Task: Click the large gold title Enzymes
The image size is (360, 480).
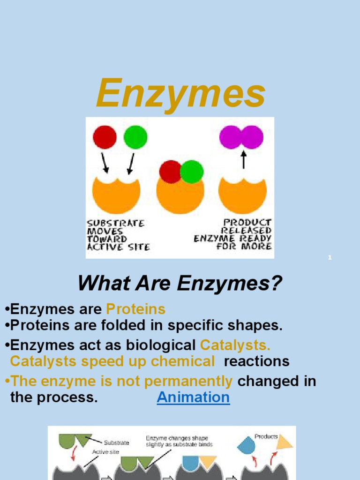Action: (x=180, y=94)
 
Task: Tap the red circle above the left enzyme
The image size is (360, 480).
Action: (x=105, y=137)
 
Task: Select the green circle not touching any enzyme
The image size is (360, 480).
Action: (x=135, y=137)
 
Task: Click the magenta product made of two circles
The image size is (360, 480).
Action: (x=241, y=137)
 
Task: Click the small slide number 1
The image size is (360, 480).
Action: (x=330, y=258)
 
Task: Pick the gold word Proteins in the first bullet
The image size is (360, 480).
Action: (x=136, y=309)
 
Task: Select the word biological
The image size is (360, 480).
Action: (x=160, y=345)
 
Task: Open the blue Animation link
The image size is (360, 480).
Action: (x=193, y=397)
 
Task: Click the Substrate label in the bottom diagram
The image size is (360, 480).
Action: (x=117, y=442)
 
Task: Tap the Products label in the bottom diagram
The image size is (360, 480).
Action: (x=266, y=436)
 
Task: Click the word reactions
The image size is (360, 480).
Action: (x=257, y=361)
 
